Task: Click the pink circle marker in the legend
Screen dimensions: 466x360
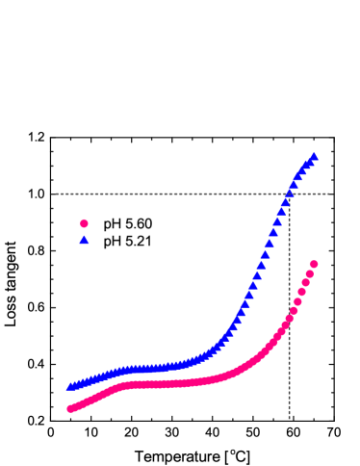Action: [x=84, y=223]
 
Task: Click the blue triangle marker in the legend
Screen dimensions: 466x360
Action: [x=84, y=240]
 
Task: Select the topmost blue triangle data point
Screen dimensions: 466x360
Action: [x=314, y=156]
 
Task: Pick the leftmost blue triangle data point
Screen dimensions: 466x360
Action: [x=70, y=386]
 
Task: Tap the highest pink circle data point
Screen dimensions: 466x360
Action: [x=314, y=264]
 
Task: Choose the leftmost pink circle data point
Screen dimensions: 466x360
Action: [x=70, y=408]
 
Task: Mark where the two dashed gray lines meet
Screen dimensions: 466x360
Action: [x=289, y=194]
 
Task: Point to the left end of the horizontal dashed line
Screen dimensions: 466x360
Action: [x=56, y=194]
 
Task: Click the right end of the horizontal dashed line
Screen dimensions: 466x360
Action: [x=329, y=194]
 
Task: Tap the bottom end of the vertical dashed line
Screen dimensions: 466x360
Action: [x=289, y=419]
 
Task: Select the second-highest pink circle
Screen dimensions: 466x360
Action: [x=310, y=273]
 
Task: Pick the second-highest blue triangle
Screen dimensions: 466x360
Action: [x=309, y=162]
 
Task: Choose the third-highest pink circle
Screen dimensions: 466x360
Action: [x=306, y=283]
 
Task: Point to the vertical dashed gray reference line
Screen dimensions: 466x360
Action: [x=289, y=375]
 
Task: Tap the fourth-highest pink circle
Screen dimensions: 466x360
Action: [x=302, y=292]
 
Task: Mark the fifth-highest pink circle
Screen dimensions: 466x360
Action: [x=297, y=301]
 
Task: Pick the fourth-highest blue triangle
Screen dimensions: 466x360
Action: [x=300, y=173]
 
